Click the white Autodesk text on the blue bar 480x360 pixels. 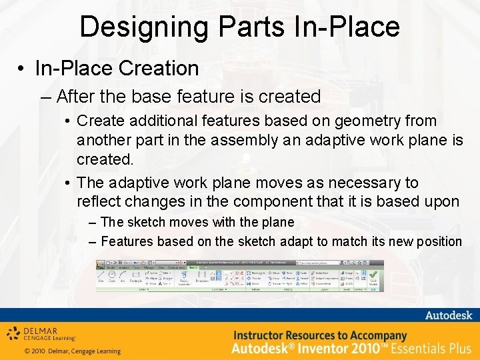(x=448, y=315)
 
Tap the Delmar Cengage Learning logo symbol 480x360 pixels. (x=14, y=334)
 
